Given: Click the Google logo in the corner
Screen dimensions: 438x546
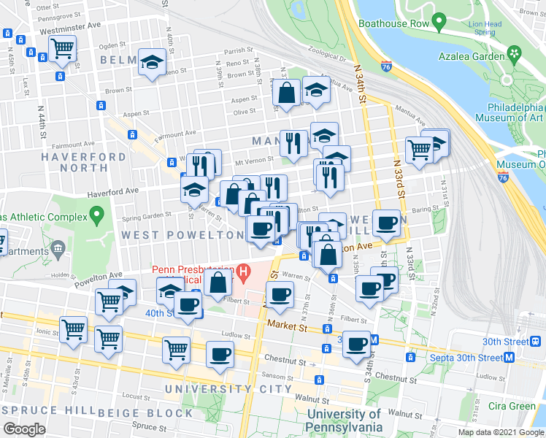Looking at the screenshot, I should (x=24, y=429).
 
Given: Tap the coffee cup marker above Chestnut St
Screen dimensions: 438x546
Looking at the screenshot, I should (x=220, y=355).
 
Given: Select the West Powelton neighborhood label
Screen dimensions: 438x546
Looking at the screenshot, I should (x=182, y=235).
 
